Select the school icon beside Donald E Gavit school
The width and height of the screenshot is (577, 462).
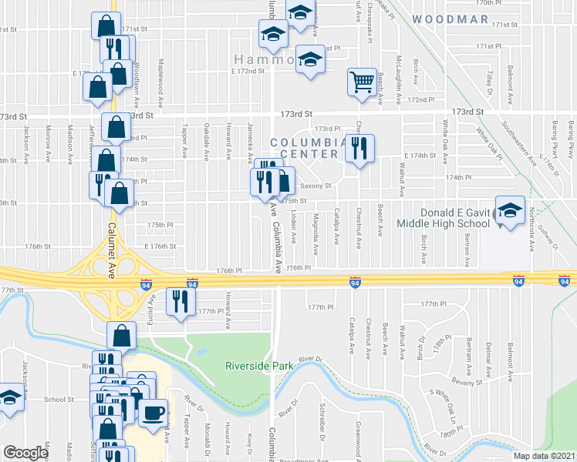coord(509,213)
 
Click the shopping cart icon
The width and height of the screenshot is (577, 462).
coord(361,82)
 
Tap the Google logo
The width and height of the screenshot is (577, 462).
coord(25,453)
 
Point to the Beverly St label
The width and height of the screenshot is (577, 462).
coord(466,382)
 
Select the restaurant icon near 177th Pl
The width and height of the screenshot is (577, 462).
coord(180,300)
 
